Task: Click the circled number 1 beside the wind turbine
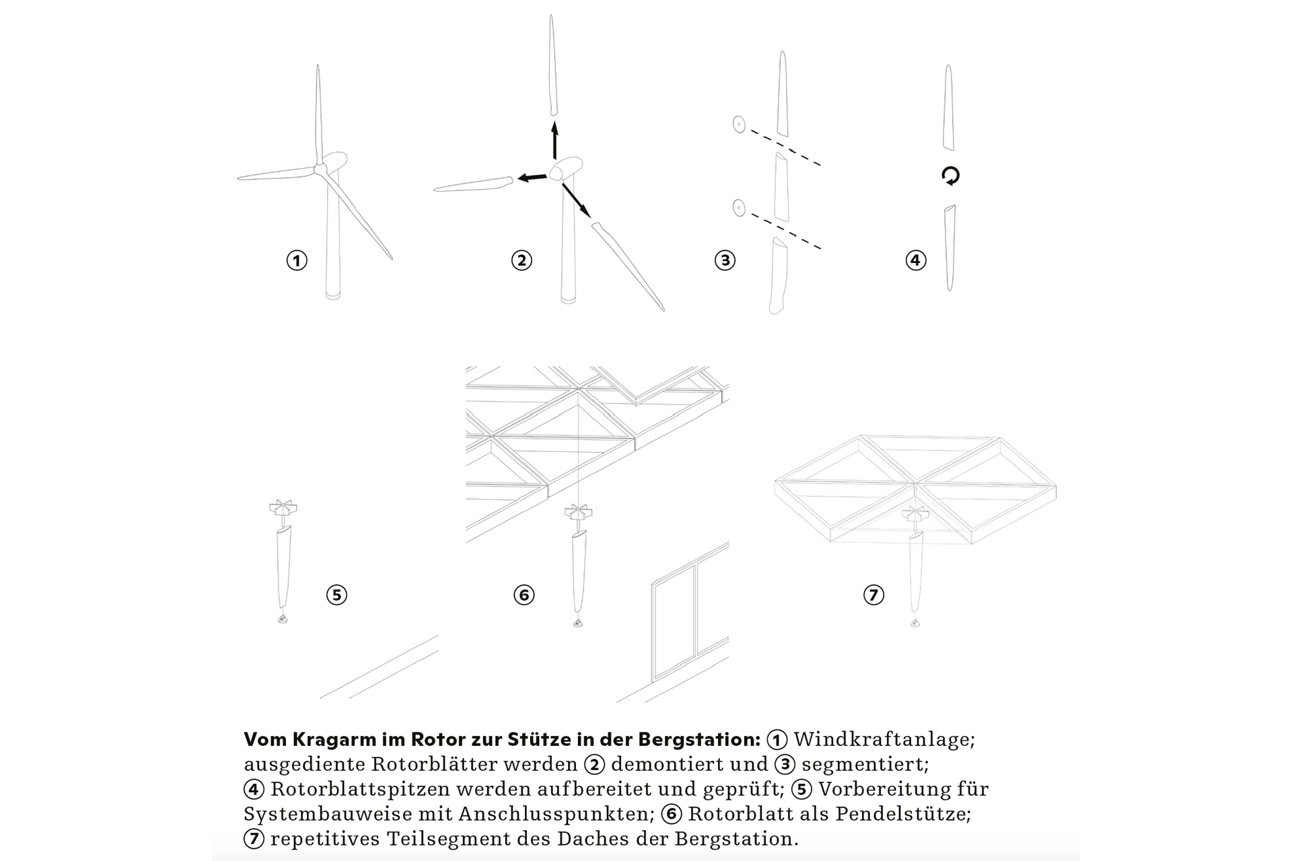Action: point(297,260)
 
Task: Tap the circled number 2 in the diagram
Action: point(522,260)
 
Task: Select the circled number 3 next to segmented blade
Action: point(725,260)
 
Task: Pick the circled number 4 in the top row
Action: point(916,260)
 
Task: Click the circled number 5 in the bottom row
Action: point(336,595)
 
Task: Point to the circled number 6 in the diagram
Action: point(524,595)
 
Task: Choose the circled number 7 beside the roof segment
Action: point(873,595)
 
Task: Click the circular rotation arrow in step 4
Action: point(950,176)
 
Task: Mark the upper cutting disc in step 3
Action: point(739,124)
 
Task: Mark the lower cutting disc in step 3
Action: point(739,208)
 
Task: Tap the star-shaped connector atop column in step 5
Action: point(283,509)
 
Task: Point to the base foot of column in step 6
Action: point(578,624)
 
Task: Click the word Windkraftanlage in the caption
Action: point(884,739)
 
